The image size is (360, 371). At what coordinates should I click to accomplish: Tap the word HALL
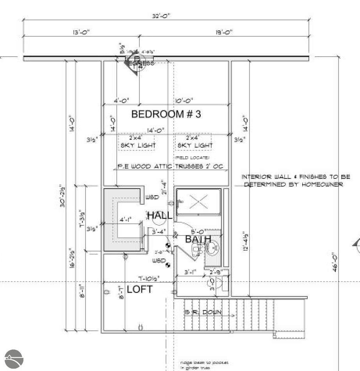(159, 215)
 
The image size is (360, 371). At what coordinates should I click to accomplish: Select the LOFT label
(140, 289)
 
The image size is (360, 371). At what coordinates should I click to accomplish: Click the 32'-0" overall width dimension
(162, 16)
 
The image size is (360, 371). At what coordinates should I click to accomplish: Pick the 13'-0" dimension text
(70, 32)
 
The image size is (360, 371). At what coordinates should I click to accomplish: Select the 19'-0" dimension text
(224, 32)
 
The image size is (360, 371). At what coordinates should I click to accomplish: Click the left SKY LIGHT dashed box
(137, 142)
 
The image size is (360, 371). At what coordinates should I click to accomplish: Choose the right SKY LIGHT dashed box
(194, 142)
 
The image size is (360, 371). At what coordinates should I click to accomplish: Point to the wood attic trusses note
(170, 166)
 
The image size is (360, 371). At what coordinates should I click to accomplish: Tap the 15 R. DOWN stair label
(203, 312)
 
